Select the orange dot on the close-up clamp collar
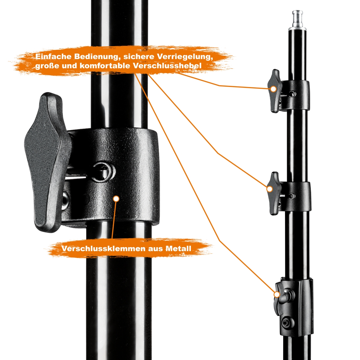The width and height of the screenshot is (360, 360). coord(116,199)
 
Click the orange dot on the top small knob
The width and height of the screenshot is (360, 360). coord(273,89)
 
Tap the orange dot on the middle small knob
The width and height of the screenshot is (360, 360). coord(270,189)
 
